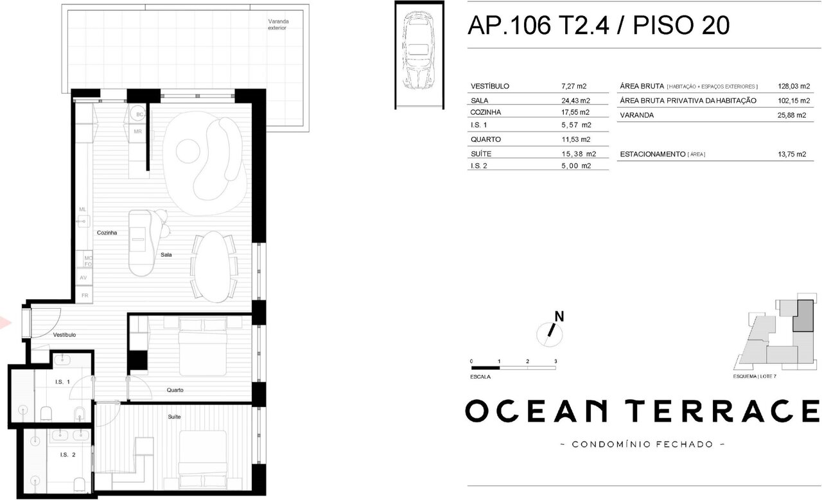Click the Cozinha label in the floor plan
(x=107, y=232)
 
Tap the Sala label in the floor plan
(x=166, y=255)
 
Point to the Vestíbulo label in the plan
(x=64, y=335)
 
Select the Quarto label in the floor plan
(x=175, y=390)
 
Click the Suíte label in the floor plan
(x=174, y=417)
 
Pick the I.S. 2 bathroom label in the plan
(x=68, y=455)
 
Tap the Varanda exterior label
(x=278, y=24)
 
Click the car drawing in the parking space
(x=419, y=50)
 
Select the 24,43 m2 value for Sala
(x=575, y=101)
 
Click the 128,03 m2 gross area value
(x=794, y=86)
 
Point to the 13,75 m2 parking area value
(x=792, y=155)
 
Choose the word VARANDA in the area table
(x=636, y=115)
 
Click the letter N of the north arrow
(x=559, y=316)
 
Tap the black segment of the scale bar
(x=485, y=368)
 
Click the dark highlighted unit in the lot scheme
(x=803, y=316)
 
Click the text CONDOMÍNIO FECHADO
(x=642, y=445)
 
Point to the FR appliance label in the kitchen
(x=85, y=295)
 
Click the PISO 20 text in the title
(x=681, y=25)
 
